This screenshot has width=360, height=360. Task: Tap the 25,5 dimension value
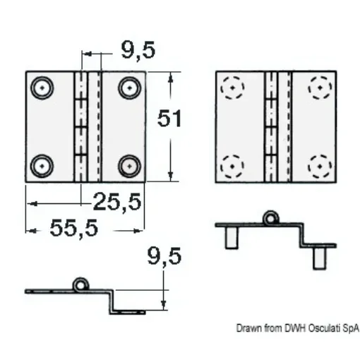117,203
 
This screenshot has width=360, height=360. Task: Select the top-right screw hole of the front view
128,88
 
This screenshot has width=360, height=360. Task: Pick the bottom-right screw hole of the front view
128,165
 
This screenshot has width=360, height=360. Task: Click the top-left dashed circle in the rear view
232,89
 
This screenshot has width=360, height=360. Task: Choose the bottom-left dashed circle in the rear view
232,167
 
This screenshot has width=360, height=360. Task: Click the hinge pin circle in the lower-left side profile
81,284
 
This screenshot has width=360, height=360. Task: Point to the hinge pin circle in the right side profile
270,219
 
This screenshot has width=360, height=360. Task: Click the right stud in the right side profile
320,258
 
